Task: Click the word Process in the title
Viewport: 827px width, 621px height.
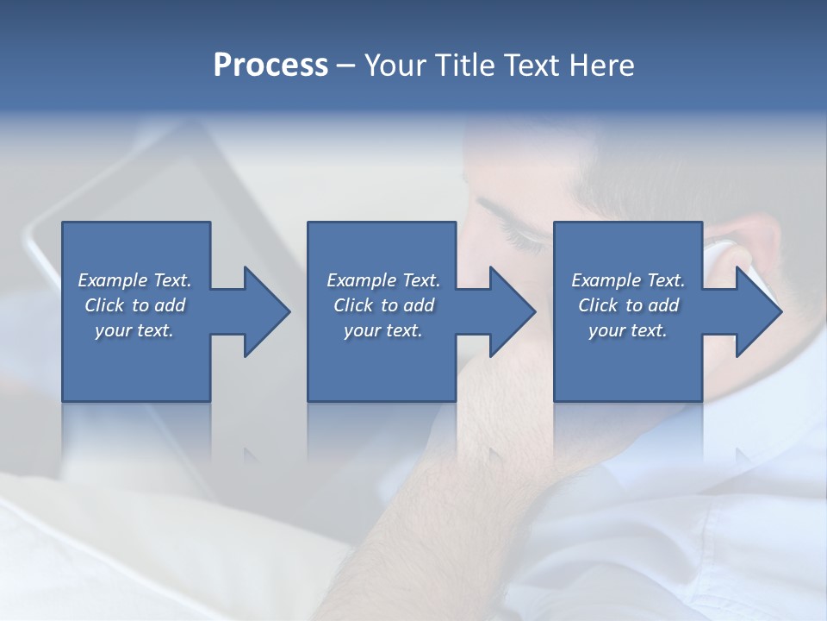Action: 270,66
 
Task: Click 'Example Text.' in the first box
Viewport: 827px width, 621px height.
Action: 134,280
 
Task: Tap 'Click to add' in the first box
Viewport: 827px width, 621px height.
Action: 134,305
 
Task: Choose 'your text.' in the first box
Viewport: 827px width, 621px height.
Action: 134,330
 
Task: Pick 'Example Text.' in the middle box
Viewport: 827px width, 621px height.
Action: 382,280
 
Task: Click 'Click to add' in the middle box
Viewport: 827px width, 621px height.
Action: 382,305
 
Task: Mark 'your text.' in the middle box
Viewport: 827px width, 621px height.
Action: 382,330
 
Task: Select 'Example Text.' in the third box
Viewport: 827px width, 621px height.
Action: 628,280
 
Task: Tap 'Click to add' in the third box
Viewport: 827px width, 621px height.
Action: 628,305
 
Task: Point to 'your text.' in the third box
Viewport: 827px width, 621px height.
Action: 628,330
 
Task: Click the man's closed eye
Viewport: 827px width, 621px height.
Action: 521,237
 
